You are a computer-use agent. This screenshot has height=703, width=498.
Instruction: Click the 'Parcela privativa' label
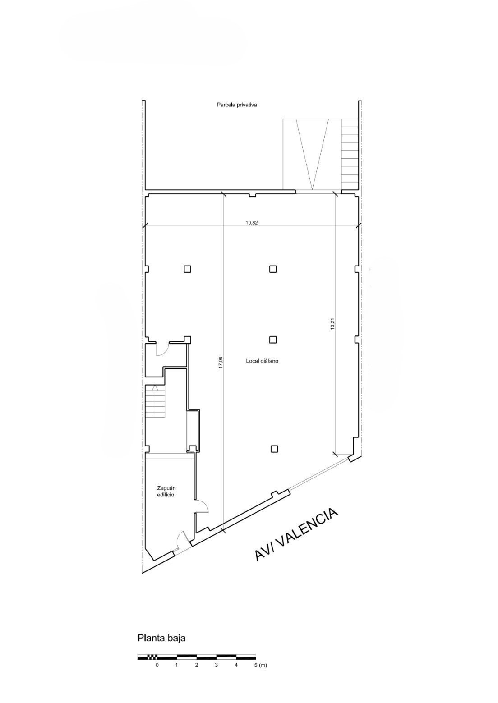pos(237,105)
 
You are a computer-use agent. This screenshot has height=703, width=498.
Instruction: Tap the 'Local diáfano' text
pos(262,361)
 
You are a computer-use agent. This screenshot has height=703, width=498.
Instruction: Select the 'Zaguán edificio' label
pos(166,492)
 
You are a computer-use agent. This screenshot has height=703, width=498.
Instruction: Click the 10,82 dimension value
pos(252,223)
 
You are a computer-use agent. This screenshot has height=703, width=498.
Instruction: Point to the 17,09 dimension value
pos(221,363)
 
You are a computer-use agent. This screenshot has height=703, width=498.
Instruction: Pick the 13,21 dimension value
pos(333,324)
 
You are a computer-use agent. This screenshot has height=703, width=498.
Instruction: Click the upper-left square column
pos(188,269)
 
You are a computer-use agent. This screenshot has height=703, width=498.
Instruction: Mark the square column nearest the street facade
pos(274,449)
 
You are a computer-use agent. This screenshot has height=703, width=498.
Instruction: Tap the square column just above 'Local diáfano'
pos(273,340)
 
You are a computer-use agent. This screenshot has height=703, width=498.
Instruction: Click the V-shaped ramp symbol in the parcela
pos(313,154)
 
